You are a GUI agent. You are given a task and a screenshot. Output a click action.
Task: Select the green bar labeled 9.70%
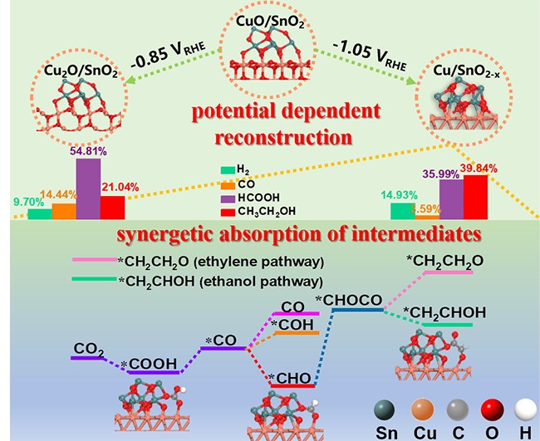click(39, 213)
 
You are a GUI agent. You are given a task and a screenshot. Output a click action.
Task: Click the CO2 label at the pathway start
click(87, 348)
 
